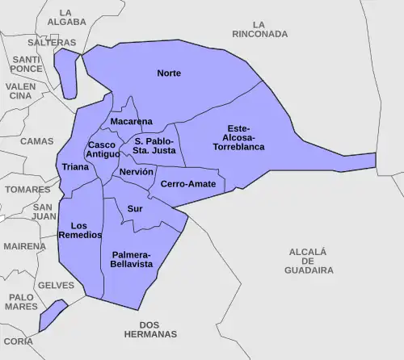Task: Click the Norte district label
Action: coord(169,73)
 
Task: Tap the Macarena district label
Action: coord(131,122)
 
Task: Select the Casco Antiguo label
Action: coord(103,149)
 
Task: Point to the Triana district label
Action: coord(75,168)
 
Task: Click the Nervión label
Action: coord(136,173)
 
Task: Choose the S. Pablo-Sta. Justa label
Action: coord(154,146)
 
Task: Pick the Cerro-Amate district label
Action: coord(188,185)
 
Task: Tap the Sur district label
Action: coord(135,208)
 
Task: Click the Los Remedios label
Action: coord(80,230)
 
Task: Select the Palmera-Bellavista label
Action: coord(132,259)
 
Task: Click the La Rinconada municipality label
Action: coord(259,30)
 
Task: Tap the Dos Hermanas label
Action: coord(151,329)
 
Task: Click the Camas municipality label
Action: coord(36,141)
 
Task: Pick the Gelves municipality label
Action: coord(56,286)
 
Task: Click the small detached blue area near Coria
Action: coord(51,316)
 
